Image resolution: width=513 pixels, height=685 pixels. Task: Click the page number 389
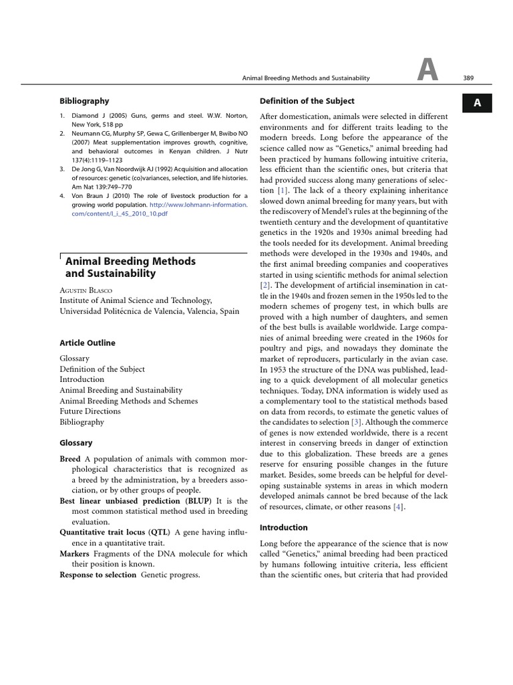coord(468,78)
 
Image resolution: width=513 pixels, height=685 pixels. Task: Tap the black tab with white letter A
coord(477,103)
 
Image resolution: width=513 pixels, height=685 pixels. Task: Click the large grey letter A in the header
coord(427,71)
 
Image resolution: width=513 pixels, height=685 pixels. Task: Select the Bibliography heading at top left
coord(84,101)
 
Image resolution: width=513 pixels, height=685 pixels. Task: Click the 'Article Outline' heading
coord(88,342)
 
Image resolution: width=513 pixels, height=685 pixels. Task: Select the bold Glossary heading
coord(76,443)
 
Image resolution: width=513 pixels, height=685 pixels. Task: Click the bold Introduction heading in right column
coord(283,527)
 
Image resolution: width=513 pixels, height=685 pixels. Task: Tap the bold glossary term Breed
coord(70,459)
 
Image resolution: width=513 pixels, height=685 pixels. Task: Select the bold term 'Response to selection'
coord(98,575)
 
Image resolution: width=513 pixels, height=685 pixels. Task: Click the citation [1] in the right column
coord(283,191)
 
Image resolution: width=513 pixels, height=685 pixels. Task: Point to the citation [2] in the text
coord(265,284)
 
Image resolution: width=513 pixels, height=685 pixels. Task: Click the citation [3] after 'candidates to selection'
coord(358,422)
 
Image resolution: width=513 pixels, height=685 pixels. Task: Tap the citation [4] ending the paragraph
coord(399,507)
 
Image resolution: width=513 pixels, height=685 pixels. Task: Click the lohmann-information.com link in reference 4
coord(198,205)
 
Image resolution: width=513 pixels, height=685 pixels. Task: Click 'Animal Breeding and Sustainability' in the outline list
coord(121,390)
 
